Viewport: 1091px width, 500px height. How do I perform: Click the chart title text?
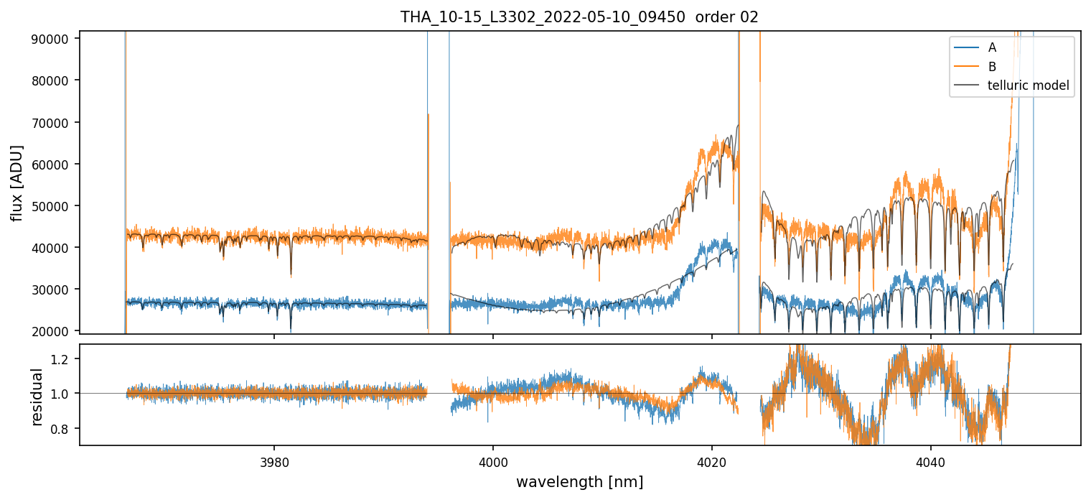tap(579, 17)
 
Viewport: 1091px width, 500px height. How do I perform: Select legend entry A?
tap(992, 47)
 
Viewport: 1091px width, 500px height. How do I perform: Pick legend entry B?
tap(992, 67)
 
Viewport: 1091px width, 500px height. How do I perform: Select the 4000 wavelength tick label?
tap(493, 460)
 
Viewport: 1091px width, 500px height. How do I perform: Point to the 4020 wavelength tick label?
tap(712, 460)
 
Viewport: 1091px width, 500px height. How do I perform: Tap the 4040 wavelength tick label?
tap(931, 460)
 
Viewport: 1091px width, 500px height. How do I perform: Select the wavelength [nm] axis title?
tap(579, 481)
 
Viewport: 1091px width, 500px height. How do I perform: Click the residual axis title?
tap(37, 395)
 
